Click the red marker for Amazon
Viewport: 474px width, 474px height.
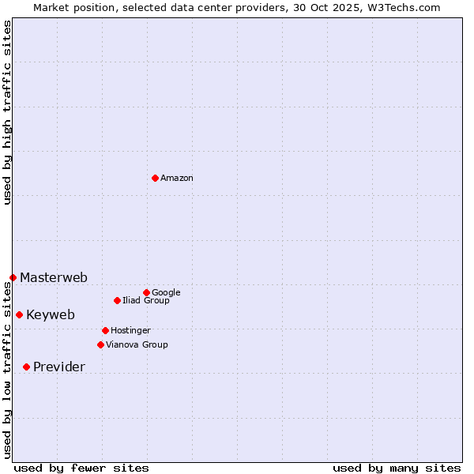(x=155, y=178)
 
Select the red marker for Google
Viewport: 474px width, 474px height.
(x=146, y=292)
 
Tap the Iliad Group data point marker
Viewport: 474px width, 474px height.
(x=117, y=300)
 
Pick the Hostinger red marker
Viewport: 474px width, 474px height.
(x=105, y=330)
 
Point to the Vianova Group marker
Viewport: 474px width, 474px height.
(x=100, y=344)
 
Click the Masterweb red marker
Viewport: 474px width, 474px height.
(x=13, y=277)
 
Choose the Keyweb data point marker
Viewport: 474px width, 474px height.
(x=19, y=314)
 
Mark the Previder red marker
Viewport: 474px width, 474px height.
(x=26, y=367)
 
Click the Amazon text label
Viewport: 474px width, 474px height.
(x=177, y=179)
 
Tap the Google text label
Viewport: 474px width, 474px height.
(x=166, y=293)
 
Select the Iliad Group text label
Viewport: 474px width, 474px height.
(x=146, y=301)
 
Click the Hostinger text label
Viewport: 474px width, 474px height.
(x=130, y=331)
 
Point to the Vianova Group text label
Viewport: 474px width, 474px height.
(x=137, y=345)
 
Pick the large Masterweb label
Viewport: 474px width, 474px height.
(x=54, y=278)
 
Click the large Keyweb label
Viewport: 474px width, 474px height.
(x=51, y=315)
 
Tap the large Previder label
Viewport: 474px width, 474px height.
(x=59, y=367)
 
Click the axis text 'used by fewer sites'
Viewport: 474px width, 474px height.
(x=81, y=468)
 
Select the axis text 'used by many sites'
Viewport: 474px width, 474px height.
(x=397, y=468)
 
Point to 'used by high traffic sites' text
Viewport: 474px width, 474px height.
(x=7, y=113)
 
